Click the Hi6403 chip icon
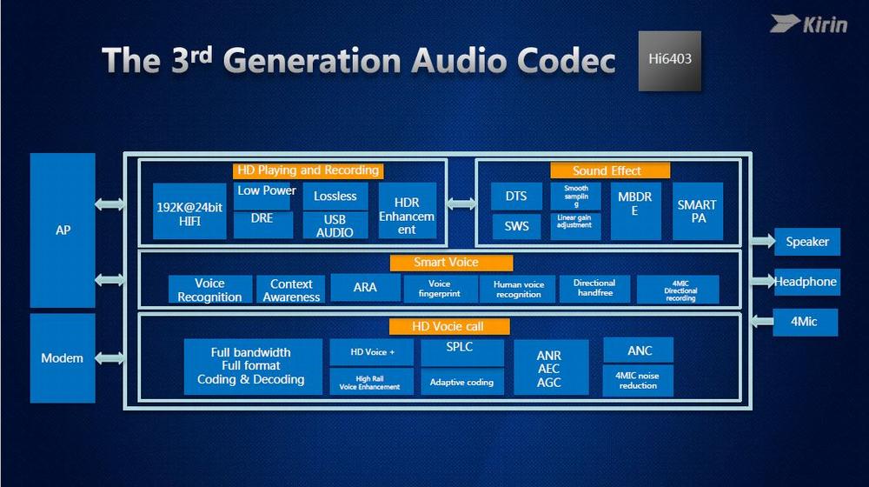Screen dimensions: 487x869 [x=670, y=61]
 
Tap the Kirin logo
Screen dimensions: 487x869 [x=809, y=23]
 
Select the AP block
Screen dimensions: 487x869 [x=63, y=230]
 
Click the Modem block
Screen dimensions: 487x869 [x=63, y=357]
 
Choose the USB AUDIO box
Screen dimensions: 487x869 [x=335, y=226]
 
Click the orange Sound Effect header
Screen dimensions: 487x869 [x=609, y=170]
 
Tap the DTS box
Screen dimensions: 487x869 [x=516, y=196]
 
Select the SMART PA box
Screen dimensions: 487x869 [x=698, y=211]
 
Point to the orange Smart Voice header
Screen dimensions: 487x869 [x=451, y=262]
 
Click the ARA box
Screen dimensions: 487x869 [x=365, y=287]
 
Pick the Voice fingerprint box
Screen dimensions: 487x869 [x=441, y=289]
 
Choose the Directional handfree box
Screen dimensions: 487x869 [x=594, y=289]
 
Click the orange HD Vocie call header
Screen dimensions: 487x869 [x=448, y=326]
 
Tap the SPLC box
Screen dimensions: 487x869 [x=462, y=352]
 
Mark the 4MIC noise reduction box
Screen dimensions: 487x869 [x=638, y=380]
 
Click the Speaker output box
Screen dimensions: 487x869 [x=807, y=242]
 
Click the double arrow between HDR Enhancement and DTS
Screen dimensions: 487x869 [x=461, y=203]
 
